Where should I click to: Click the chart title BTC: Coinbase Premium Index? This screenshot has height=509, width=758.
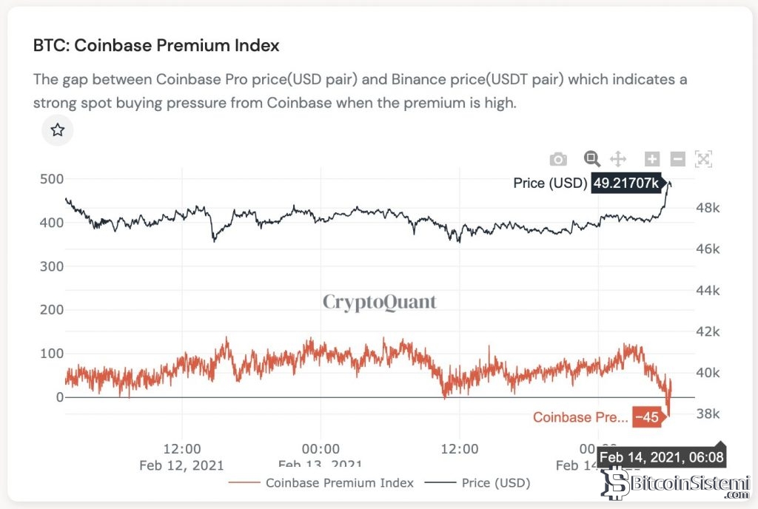(x=156, y=45)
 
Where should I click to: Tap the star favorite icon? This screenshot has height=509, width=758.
(x=58, y=131)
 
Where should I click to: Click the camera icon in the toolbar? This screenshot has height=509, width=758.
(x=558, y=159)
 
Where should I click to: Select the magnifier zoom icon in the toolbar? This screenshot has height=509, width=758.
(x=591, y=158)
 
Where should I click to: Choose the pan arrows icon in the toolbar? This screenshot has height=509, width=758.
(x=617, y=158)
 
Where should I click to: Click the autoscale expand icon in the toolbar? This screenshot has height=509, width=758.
(x=703, y=158)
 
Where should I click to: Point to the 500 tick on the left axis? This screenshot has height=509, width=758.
(x=50, y=179)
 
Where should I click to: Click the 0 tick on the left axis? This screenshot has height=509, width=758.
(x=60, y=397)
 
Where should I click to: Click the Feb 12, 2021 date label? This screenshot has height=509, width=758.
(x=181, y=465)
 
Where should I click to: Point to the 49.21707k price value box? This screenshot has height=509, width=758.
(x=625, y=183)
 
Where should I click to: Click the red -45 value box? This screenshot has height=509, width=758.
(x=646, y=417)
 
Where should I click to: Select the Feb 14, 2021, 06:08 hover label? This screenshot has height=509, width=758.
(x=662, y=458)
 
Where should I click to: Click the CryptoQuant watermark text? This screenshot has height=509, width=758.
(x=380, y=302)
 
